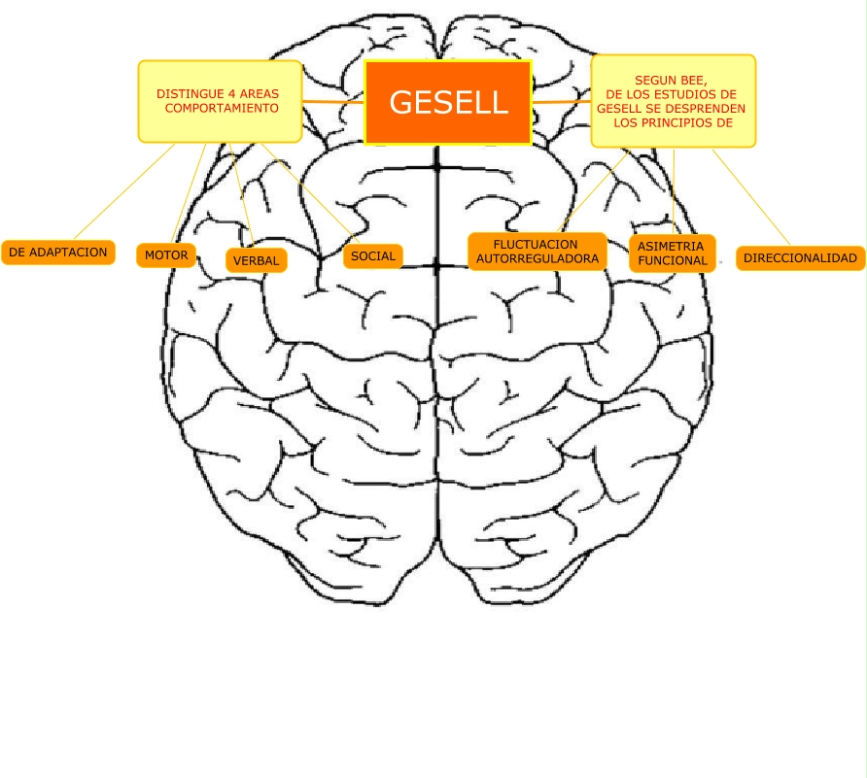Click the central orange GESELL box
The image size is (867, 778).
(448, 102)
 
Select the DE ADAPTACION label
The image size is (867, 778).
(58, 253)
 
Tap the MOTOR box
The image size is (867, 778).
(166, 255)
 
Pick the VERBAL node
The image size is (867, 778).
(257, 260)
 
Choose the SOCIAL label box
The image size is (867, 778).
(373, 256)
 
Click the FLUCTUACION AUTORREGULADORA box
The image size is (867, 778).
(538, 252)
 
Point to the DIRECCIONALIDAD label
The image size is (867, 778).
(801, 258)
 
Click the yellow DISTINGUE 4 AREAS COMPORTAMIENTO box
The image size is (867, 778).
(220, 101)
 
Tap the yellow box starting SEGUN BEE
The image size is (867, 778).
(673, 101)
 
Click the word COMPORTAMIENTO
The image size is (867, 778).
(222, 109)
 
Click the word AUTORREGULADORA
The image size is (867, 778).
(538, 259)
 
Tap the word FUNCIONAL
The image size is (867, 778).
(673, 261)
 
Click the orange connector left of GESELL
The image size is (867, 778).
(332, 101)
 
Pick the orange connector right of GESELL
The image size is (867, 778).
(562, 101)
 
